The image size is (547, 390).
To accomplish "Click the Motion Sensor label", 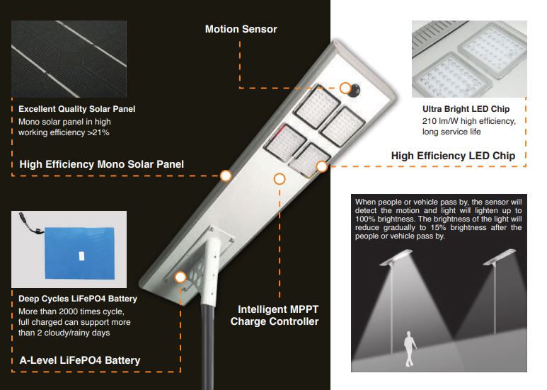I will (241, 29).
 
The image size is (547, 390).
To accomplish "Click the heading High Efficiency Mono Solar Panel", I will (101, 164).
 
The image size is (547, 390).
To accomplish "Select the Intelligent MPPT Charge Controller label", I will (275, 316).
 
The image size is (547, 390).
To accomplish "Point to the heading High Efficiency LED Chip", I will (453, 156).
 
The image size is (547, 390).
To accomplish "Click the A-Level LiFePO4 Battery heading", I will (79, 360).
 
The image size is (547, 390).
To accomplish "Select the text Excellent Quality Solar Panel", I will (76, 109).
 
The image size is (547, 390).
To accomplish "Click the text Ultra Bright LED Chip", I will (466, 109).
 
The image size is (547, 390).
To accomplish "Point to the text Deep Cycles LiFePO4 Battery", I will (78, 299).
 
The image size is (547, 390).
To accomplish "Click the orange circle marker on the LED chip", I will (321, 166).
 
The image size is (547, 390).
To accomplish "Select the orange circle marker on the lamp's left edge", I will (226, 176).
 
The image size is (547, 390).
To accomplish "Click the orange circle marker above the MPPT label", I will (280, 179).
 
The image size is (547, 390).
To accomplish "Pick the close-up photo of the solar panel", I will (69, 59).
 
